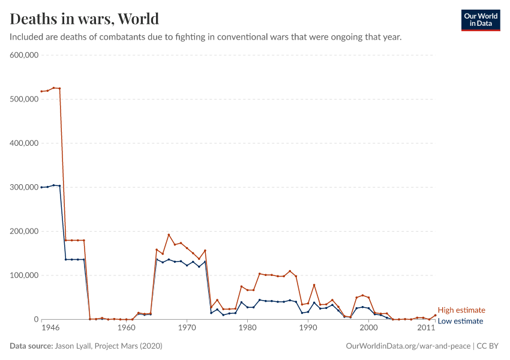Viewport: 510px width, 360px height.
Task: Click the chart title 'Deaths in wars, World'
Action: tap(85, 19)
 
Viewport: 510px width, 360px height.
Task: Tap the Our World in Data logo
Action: tap(480, 20)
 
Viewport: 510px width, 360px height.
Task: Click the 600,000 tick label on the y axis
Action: tap(25, 55)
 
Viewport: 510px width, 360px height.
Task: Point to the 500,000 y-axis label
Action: tap(25, 99)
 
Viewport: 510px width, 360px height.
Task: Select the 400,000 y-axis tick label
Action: tap(25, 143)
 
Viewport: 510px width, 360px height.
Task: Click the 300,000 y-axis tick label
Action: tap(25, 187)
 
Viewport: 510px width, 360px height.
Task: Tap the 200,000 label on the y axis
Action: tap(25, 232)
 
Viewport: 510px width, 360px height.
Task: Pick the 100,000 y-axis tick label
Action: tap(25, 275)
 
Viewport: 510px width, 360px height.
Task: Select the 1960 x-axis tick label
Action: tap(126, 329)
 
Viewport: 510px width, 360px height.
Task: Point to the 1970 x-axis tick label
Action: tap(187, 329)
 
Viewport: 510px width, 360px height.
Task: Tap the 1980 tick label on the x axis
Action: tap(247, 329)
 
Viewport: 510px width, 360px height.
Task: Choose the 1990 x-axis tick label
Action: tap(308, 329)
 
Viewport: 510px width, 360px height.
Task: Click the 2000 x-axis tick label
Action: tap(368, 329)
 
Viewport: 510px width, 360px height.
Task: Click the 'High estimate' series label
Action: tap(461, 310)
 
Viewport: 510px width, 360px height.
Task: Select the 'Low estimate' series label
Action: tap(460, 321)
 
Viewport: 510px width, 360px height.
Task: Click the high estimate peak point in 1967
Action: tap(169, 235)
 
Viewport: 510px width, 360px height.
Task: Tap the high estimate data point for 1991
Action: tap(314, 285)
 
